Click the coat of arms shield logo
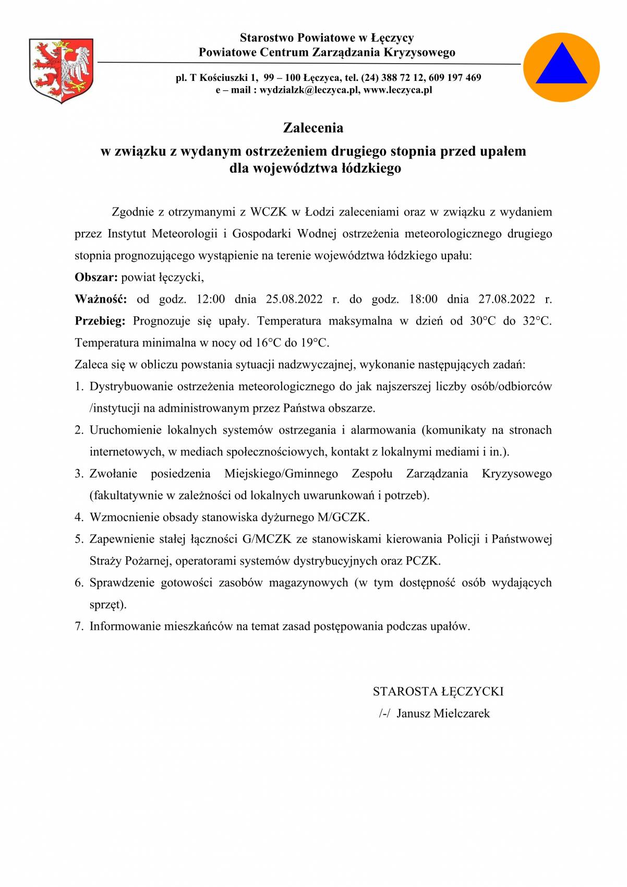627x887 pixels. click(x=61, y=70)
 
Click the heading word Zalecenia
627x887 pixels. click(x=313, y=128)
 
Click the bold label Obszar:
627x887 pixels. click(x=97, y=277)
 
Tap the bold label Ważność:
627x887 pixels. click(x=101, y=299)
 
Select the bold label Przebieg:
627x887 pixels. click(x=100, y=321)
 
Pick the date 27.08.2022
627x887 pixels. click(x=507, y=299)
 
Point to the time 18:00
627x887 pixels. click(x=423, y=299)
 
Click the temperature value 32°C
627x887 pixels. click(x=537, y=321)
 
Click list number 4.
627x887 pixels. click(x=79, y=517)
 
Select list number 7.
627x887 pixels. click(x=79, y=626)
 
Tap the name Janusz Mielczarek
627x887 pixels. click(x=443, y=713)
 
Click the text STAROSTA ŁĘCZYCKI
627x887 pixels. click(x=438, y=691)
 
